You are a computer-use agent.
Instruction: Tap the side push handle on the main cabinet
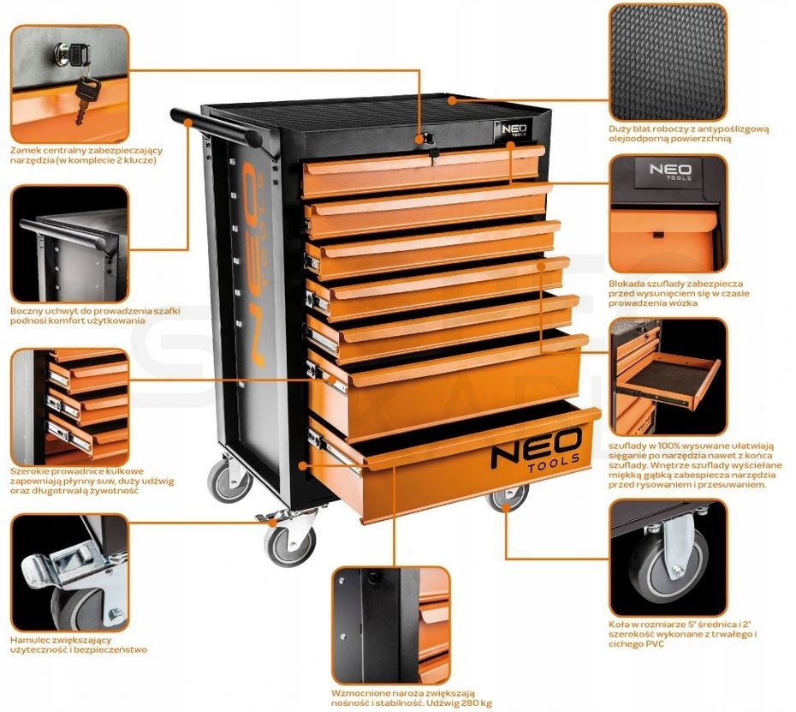217,126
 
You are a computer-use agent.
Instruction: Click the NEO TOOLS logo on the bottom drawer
536,449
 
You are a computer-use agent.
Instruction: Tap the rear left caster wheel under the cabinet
229,481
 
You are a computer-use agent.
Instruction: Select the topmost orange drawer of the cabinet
422,171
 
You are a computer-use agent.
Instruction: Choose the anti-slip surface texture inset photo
667,63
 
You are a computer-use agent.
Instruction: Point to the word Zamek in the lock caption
24,151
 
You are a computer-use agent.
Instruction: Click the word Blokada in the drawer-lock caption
627,284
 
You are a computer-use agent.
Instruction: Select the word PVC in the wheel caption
654,644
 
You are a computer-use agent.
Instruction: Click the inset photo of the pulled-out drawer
668,376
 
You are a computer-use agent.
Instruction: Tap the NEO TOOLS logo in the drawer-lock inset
670,171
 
